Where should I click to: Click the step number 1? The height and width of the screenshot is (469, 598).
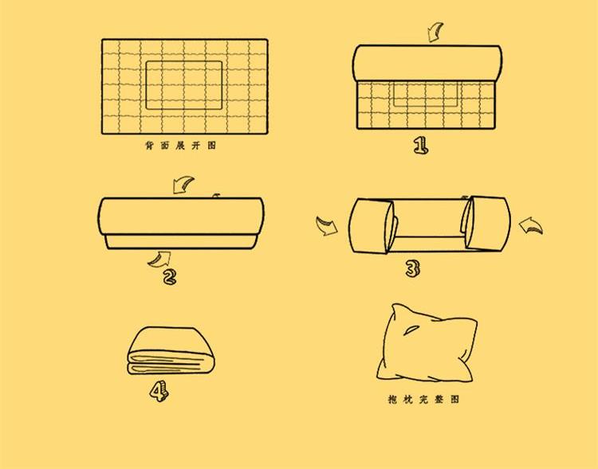pyautogui.click(x=421, y=145)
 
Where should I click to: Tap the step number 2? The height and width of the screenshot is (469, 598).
pyautogui.click(x=170, y=277)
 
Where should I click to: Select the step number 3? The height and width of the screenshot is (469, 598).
pyautogui.click(x=412, y=268)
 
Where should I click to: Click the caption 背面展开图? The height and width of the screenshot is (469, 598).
pyautogui.click(x=181, y=146)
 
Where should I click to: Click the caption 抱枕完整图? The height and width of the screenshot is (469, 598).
pyautogui.click(x=423, y=399)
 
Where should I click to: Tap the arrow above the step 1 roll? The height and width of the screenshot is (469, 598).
pyautogui.click(x=435, y=32)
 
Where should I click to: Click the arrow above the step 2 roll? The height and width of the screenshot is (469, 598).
pyautogui.click(x=183, y=185)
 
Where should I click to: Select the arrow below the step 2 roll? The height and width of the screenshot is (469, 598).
pyautogui.click(x=159, y=259)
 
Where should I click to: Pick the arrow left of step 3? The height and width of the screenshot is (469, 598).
pyautogui.click(x=327, y=226)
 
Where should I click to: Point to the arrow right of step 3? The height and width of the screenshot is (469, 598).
pyautogui.click(x=531, y=225)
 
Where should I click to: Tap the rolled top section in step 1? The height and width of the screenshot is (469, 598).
pyautogui.click(x=427, y=63)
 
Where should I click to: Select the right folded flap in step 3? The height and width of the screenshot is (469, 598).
pyautogui.click(x=487, y=223)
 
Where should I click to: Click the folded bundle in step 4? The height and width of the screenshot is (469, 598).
pyautogui.click(x=171, y=351)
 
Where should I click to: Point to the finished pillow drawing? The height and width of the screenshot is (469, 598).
pyautogui.click(x=427, y=343)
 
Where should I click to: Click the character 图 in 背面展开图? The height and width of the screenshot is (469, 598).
pyautogui.click(x=212, y=146)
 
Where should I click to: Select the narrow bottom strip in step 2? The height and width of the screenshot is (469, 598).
pyautogui.click(x=181, y=242)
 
